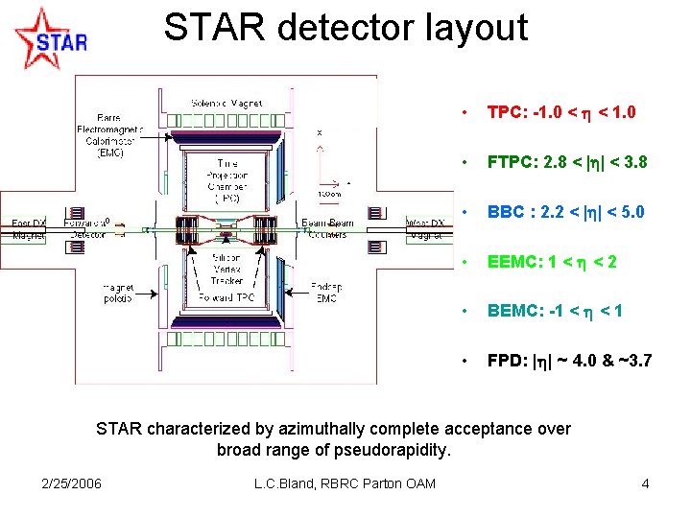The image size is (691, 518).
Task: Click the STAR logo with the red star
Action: click(50, 38)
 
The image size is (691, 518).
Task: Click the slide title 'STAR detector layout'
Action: click(345, 27)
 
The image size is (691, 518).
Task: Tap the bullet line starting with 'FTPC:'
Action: click(566, 162)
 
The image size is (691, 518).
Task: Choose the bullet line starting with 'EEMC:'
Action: click(551, 262)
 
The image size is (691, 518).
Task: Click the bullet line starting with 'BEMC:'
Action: click(555, 311)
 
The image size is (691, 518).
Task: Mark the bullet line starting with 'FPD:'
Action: click(569, 361)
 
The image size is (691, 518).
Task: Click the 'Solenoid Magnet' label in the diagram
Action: click(227, 103)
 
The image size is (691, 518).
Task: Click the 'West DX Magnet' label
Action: click(424, 229)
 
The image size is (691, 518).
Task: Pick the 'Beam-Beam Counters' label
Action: click(329, 229)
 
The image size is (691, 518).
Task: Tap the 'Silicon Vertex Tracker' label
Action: click(228, 268)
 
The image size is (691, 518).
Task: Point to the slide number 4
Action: click(645, 483)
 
